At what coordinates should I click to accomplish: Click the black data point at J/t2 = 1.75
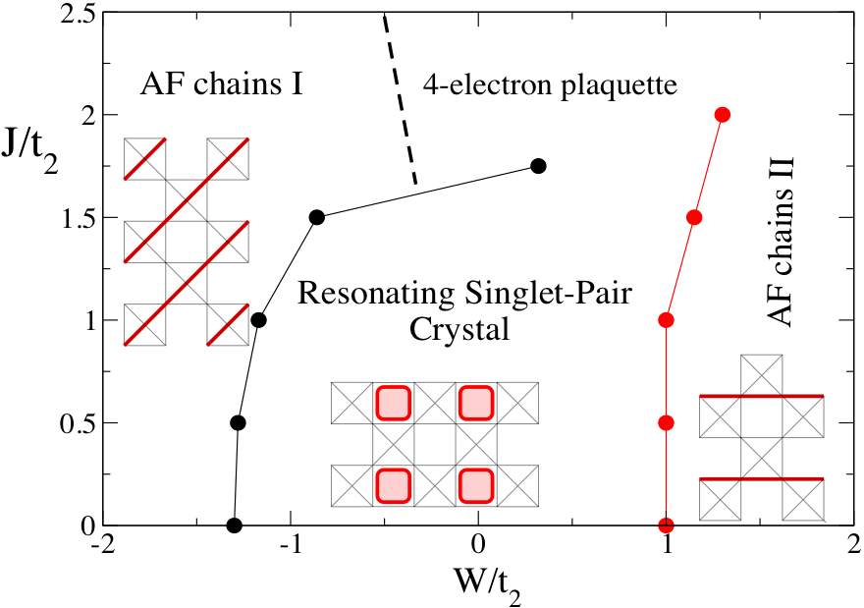(538, 166)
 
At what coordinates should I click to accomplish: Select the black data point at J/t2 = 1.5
(317, 217)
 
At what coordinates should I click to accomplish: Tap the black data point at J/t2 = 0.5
(238, 422)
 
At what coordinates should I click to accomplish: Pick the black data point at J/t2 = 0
(235, 525)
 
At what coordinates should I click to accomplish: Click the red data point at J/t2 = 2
(723, 115)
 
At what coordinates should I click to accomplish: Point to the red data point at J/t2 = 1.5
(694, 217)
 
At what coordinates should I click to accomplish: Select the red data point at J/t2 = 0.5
(667, 422)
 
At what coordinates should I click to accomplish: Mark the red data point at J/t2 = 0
(667, 525)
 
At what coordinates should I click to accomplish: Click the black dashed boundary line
(400, 99)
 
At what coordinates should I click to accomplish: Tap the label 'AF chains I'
(222, 84)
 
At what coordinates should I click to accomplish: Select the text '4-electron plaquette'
(550, 86)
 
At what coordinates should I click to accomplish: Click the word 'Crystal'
(459, 329)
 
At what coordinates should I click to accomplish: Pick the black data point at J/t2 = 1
(258, 320)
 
